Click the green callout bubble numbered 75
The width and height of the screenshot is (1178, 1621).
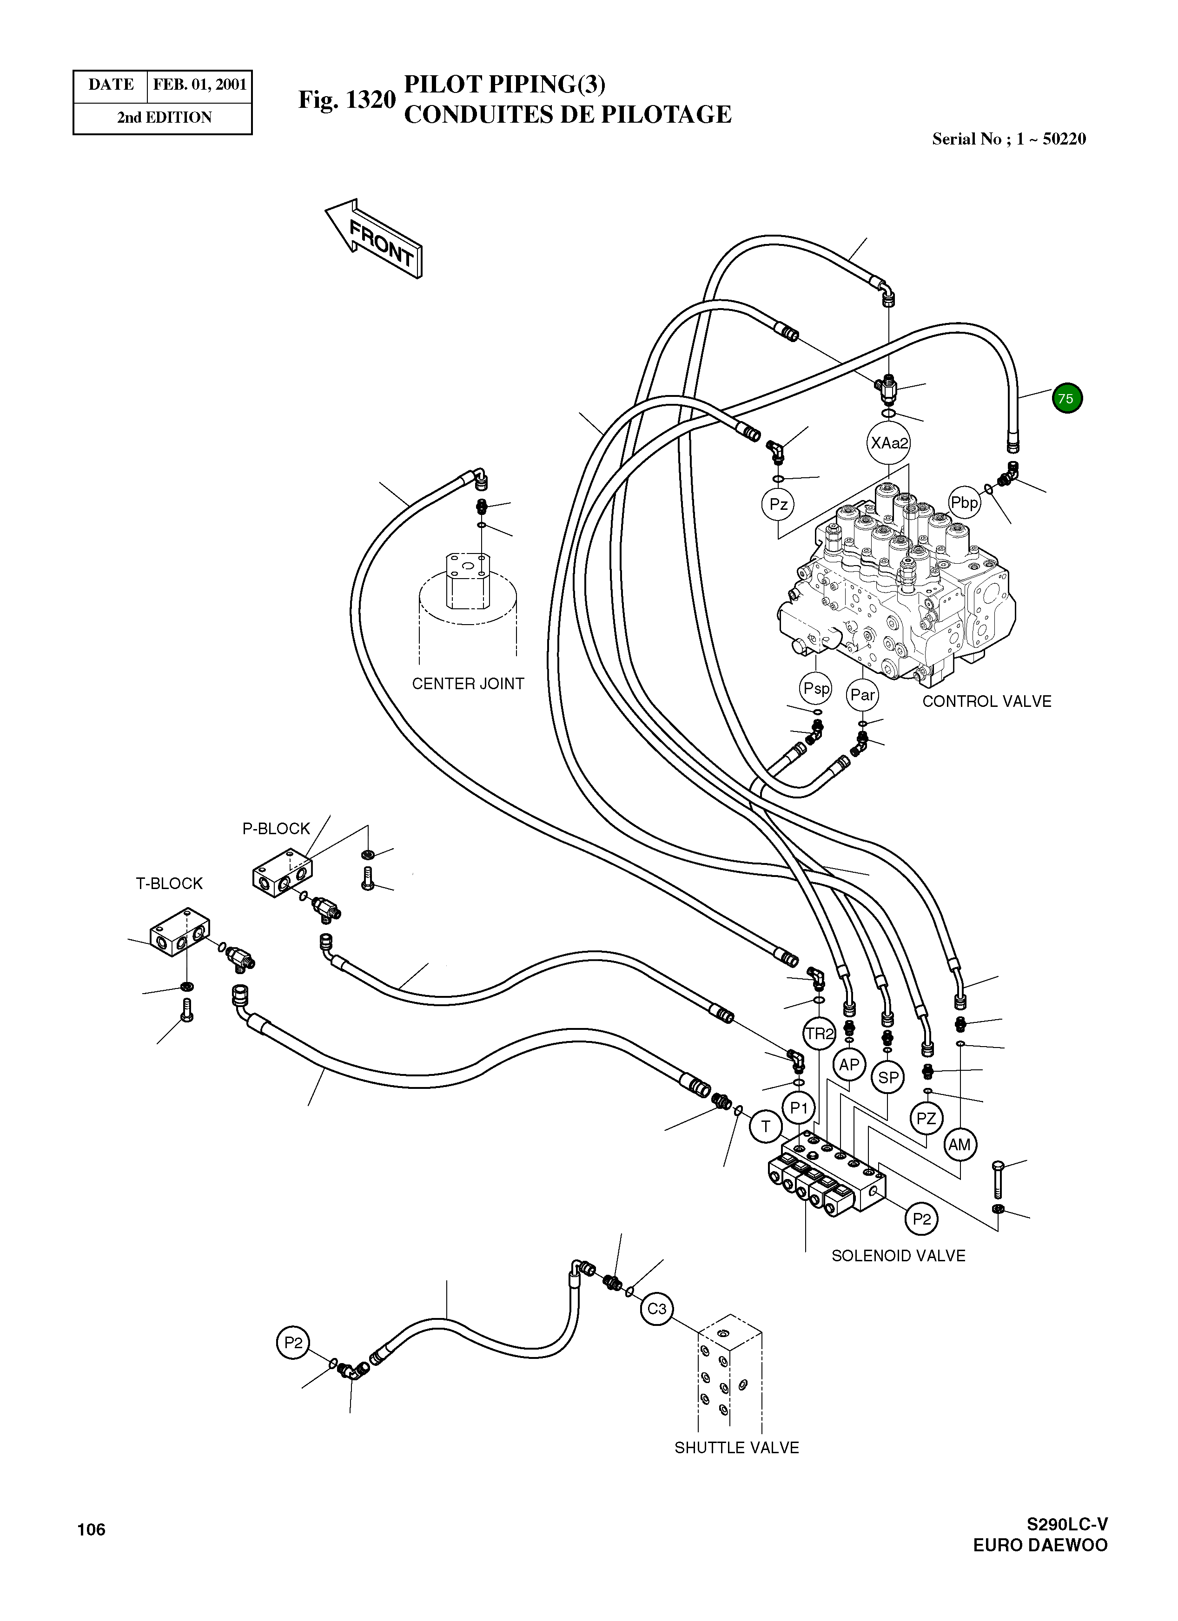pyautogui.click(x=1066, y=398)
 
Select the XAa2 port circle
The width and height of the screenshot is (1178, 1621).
pyautogui.click(x=888, y=443)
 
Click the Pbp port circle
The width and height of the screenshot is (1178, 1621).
pyautogui.click(x=964, y=502)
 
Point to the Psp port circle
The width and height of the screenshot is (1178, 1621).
pyautogui.click(x=815, y=688)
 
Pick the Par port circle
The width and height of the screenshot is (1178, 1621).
pyautogui.click(x=862, y=695)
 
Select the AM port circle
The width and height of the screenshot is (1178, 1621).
pyautogui.click(x=959, y=1144)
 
